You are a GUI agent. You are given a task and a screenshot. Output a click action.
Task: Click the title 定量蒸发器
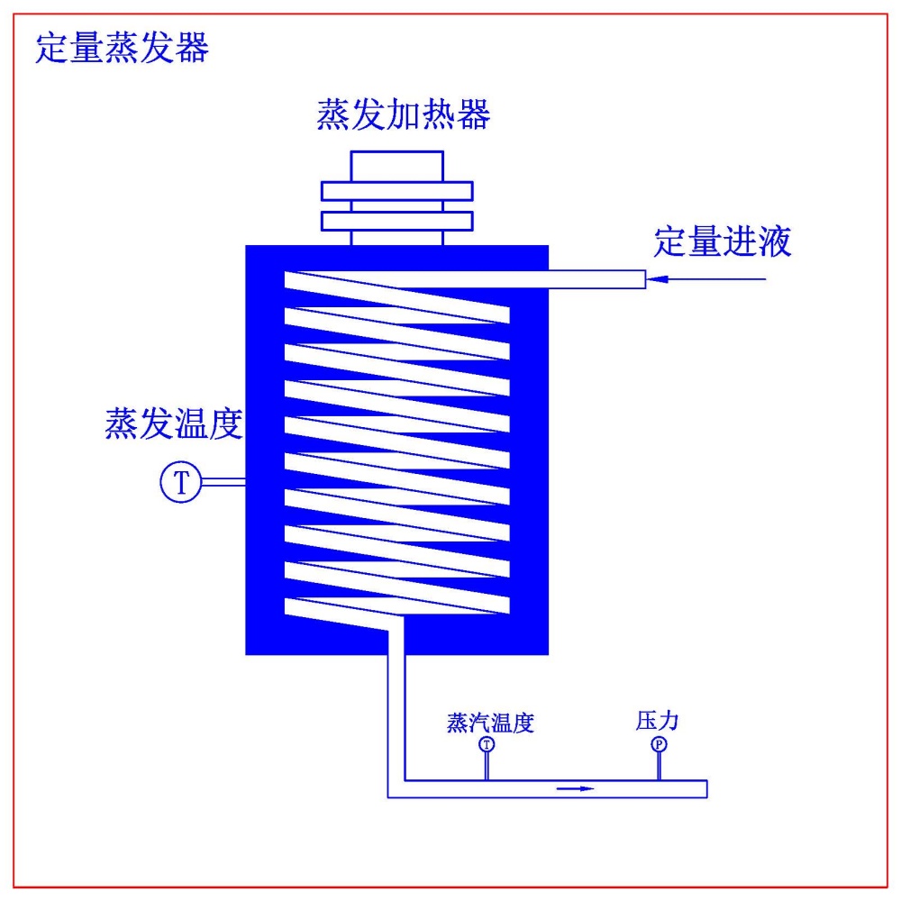pyautogui.click(x=122, y=49)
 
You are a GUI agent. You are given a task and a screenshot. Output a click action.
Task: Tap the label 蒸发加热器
pyautogui.click(x=403, y=116)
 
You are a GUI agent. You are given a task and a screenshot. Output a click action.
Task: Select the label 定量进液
pyautogui.click(x=723, y=242)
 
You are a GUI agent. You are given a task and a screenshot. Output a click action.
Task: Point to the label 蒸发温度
pyautogui.click(x=174, y=424)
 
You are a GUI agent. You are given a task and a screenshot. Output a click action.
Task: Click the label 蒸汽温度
pyautogui.click(x=490, y=723)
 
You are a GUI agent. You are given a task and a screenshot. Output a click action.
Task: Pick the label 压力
pyautogui.click(x=657, y=721)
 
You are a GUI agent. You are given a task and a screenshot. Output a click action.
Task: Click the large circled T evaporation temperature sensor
pyautogui.click(x=181, y=483)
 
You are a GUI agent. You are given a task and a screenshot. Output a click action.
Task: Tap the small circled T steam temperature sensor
pyautogui.click(x=487, y=744)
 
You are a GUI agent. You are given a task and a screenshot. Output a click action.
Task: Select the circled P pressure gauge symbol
pyautogui.click(x=660, y=744)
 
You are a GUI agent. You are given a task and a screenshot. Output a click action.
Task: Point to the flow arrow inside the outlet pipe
pyautogui.click(x=577, y=789)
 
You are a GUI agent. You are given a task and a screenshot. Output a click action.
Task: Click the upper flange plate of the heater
pyautogui.click(x=397, y=191)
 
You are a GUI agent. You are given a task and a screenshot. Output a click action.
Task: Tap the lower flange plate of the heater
pyautogui.click(x=397, y=221)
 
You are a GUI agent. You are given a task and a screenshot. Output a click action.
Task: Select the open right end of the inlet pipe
pyautogui.click(x=643, y=280)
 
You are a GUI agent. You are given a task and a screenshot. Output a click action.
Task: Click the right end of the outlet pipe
pyautogui.click(x=705, y=789)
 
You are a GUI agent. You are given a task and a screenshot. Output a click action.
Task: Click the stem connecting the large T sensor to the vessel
pyautogui.click(x=223, y=483)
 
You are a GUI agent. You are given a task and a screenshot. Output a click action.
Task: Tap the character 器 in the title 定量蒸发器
pyautogui.click(x=193, y=49)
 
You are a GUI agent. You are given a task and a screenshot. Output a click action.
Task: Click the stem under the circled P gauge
pyautogui.click(x=660, y=766)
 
